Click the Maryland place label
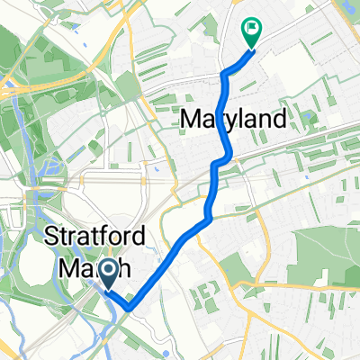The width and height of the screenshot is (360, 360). tap(235, 118)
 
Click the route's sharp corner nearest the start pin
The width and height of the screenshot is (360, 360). tap(129, 308)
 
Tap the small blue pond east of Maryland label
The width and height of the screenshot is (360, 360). tap(310, 118)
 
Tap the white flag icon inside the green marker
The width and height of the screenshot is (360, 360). tap(251, 28)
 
